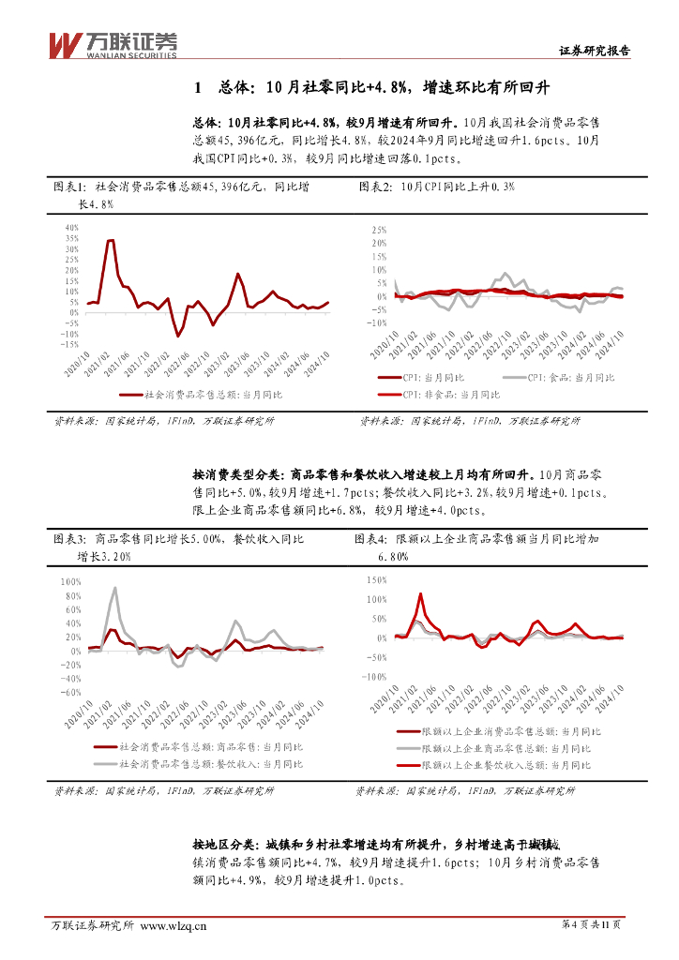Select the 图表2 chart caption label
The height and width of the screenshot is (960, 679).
coord(376,187)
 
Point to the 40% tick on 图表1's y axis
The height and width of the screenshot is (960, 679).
coord(71,228)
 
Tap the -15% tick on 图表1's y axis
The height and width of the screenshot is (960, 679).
coord(68,344)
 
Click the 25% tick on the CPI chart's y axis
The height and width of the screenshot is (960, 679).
coord(379,230)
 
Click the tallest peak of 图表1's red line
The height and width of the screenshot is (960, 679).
coord(110,241)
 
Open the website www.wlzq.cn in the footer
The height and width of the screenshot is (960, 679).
coord(173,926)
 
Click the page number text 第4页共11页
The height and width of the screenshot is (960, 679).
coord(593,926)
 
